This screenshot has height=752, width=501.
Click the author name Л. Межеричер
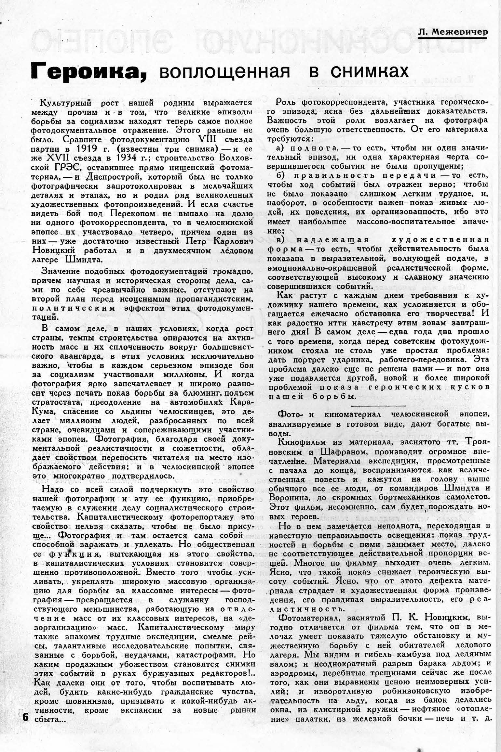pos(453,32)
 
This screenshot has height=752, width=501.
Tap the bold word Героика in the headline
pos(89,71)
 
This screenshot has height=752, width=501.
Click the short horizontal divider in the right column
pos(378,406)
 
